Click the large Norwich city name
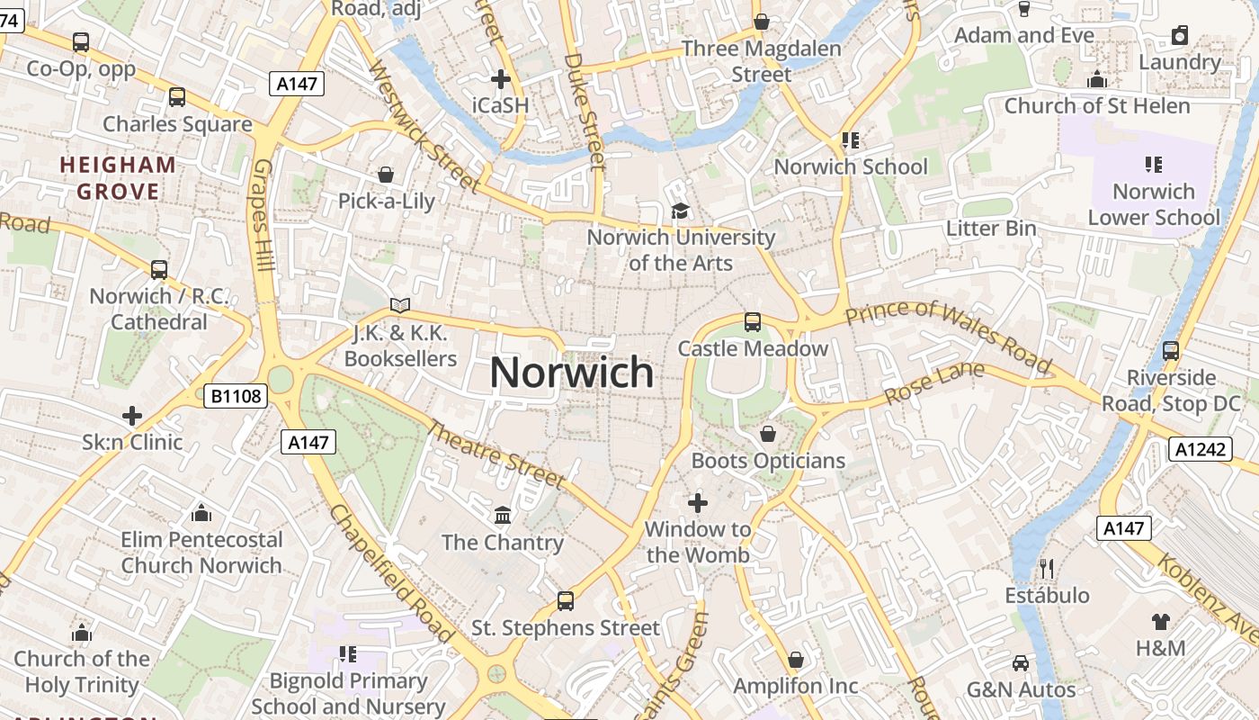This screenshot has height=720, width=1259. tap(572, 372)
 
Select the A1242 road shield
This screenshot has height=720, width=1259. tap(1201, 449)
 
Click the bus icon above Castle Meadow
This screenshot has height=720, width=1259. tap(753, 321)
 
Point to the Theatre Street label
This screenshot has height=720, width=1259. tap(496, 455)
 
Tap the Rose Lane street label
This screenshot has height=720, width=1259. tap(934, 383)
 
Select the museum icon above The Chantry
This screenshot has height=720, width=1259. tap(503, 516)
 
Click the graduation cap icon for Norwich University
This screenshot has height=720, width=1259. tap(680, 211)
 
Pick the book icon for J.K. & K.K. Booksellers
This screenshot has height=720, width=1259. tap(400, 307)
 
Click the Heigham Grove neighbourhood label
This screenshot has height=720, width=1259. tap(118, 178)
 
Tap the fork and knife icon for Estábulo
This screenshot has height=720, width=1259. tap(1046, 568)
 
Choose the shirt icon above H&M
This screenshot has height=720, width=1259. tap(1160, 621)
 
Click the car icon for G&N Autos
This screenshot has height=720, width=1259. tap(1021, 663)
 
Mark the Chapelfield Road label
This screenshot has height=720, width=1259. tap(392, 572)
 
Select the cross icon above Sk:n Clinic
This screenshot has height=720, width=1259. tap(132, 416)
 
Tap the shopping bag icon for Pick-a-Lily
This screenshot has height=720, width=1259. tap(386, 174)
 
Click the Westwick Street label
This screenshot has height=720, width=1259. tap(424, 126)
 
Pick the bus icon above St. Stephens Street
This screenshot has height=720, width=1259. tap(566, 600)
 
